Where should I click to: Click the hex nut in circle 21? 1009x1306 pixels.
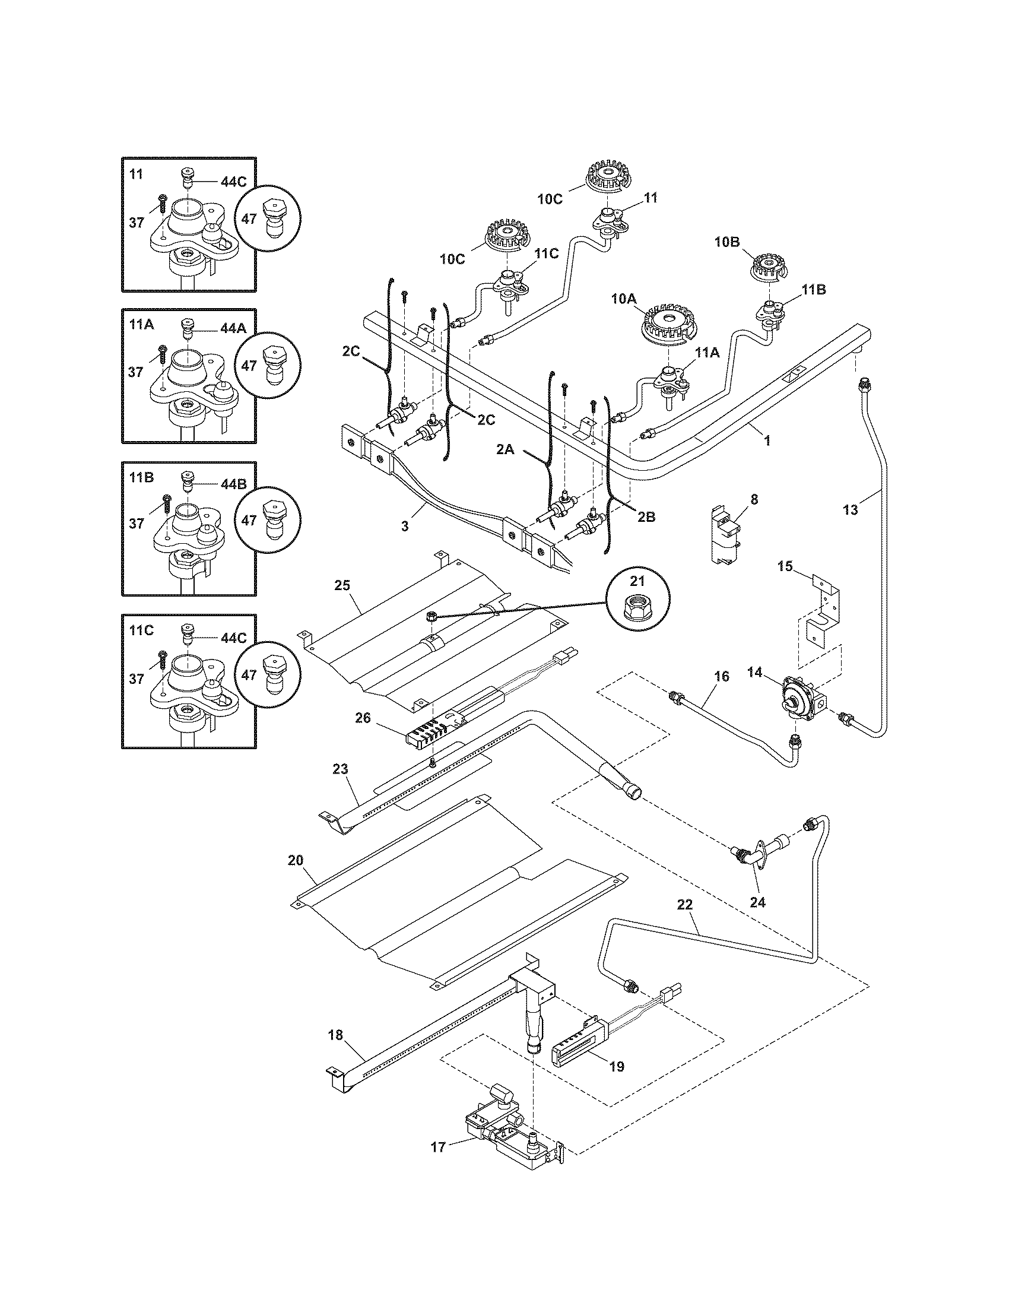638,611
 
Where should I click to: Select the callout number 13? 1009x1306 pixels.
850,509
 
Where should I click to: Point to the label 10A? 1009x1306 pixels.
623,299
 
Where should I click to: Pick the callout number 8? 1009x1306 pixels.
754,499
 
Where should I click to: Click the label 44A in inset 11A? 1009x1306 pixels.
233,328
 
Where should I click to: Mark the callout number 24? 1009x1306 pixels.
757,902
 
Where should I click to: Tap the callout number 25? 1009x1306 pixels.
342,585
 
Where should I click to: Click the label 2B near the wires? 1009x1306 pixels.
646,517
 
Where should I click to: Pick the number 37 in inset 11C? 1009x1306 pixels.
137,679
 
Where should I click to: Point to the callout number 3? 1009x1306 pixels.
405,526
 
